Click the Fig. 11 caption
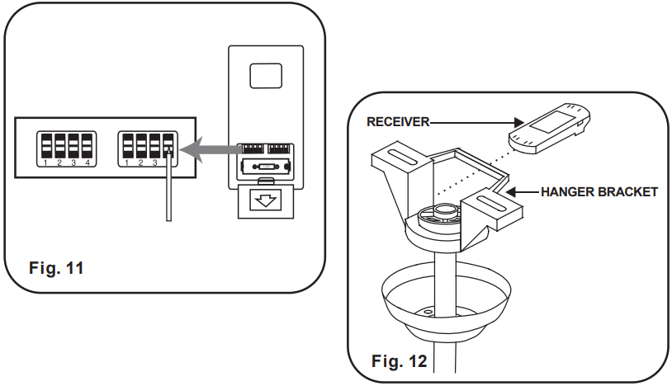[x=56, y=268]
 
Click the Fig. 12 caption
[x=399, y=361]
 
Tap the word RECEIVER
[x=398, y=122]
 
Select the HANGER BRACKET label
[x=599, y=191]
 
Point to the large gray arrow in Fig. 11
[x=211, y=150]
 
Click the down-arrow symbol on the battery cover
[x=266, y=200]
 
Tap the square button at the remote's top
[x=266, y=76]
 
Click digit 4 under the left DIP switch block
[x=88, y=162]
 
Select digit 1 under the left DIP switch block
[x=45, y=162]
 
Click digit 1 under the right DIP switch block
[x=126, y=162]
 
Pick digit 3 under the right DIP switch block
[x=154, y=162]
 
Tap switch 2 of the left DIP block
[x=60, y=145]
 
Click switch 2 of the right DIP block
[x=141, y=145]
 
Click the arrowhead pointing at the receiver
[x=519, y=123]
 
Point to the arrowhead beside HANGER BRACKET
[x=512, y=191]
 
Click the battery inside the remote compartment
[x=266, y=166]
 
